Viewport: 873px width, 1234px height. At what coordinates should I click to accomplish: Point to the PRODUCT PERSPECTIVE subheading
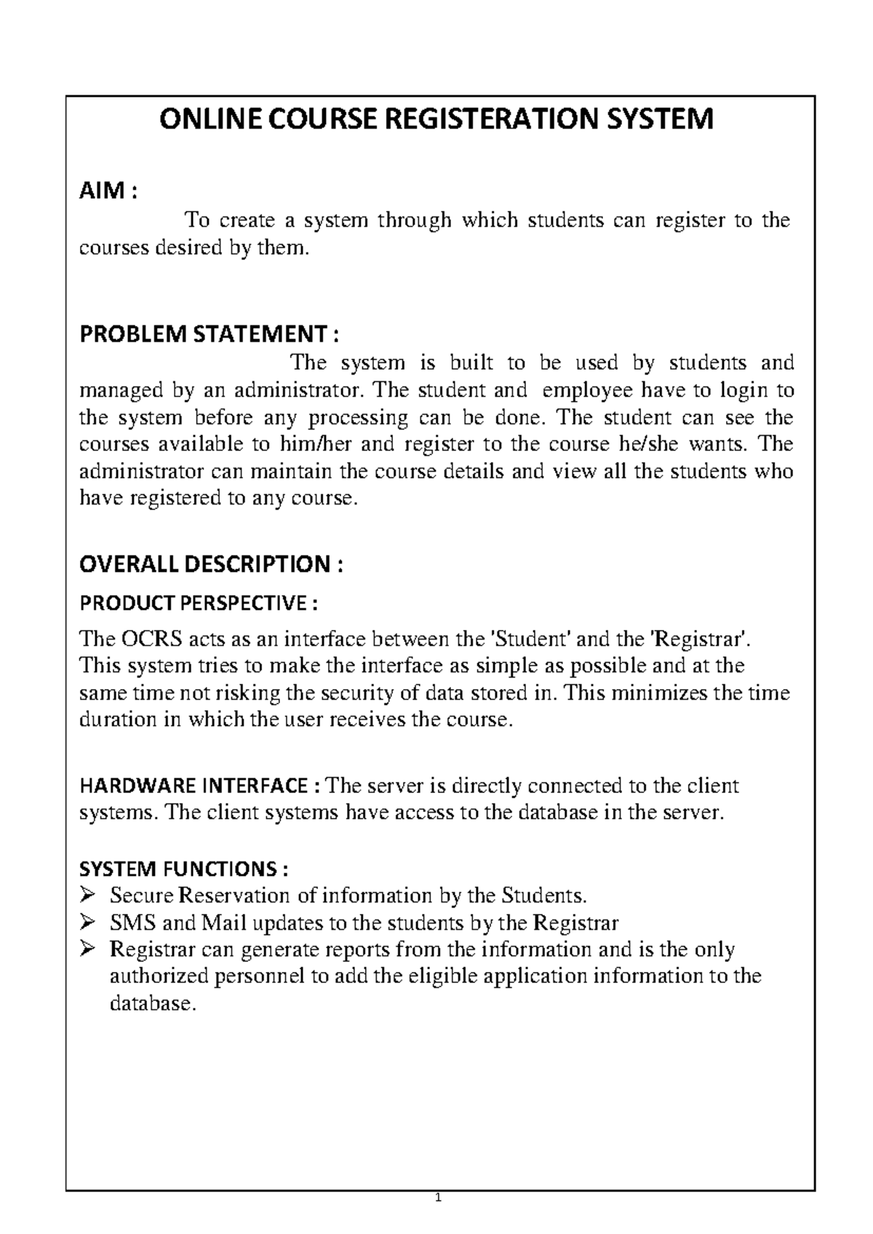[x=199, y=603]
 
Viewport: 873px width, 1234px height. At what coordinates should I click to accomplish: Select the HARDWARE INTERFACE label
[x=199, y=786]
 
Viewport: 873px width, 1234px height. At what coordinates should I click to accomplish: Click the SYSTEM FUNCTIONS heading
[x=183, y=869]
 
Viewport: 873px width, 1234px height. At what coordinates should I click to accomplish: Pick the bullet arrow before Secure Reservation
[x=88, y=895]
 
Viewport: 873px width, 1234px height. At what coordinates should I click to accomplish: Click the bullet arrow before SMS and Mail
[x=88, y=923]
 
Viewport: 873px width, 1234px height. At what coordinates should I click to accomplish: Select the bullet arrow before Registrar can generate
[x=88, y=950]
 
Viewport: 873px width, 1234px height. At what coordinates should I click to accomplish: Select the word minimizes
[x=658, y=693]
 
